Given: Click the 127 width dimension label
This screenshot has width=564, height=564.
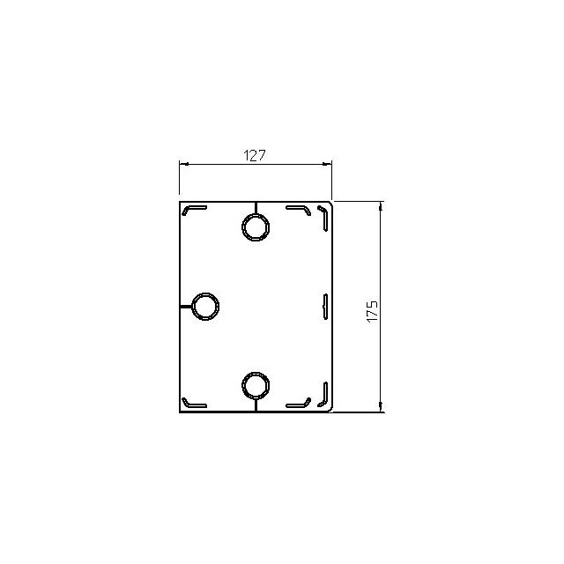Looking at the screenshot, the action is click(x=255, y=155).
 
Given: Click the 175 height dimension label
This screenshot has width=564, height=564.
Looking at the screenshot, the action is click(x=372, y=311).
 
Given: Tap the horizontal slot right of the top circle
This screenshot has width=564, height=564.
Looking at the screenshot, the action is click(x=298, y=208).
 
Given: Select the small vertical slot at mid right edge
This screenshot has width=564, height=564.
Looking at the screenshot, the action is click(x=325, y=307).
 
